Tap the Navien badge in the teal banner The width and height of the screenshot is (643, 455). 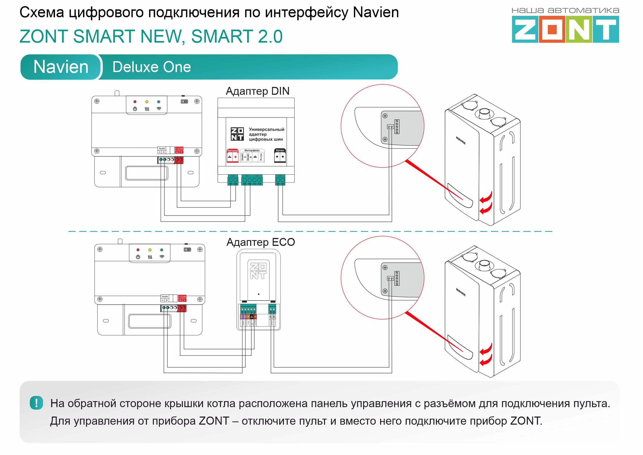pyautogui.click(x=61, y=67)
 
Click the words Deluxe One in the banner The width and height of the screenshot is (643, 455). pyautogui.click(x=151, y=67)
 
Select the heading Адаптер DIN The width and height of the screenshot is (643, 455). pyautogui.click(x=258, y=91)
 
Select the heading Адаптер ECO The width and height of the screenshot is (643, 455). pyautogui.click(x=261, y=242)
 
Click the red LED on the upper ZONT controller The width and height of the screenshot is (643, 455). pyautogui.click(x=135, y=102)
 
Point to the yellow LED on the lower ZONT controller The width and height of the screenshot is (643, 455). pyautogui.click(x=150, y=250)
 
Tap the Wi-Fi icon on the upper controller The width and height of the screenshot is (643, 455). pyautogui.click(x=159, y=109)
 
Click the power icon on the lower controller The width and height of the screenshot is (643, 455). pyautogui.click(x=138, y=257)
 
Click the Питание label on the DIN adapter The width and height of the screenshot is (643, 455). pyautogui.click(x=232, y=151)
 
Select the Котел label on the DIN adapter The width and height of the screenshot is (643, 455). pyautogui.click(x=280, y=150)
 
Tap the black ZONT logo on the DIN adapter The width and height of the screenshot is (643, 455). pyautogui.click(x=237, y=134)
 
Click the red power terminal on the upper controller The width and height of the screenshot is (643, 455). pyautogui.click(x=179, y=160)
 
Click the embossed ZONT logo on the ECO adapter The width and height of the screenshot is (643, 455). pyautogui.click(x=258, y=271)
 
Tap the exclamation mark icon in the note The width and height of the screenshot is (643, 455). pyautogui.click(x=36, y=403)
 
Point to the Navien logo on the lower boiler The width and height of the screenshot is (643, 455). pyautogui.click(x=460, y=292)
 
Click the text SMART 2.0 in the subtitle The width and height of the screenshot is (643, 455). pyautogui.click(x=237, y=37)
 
